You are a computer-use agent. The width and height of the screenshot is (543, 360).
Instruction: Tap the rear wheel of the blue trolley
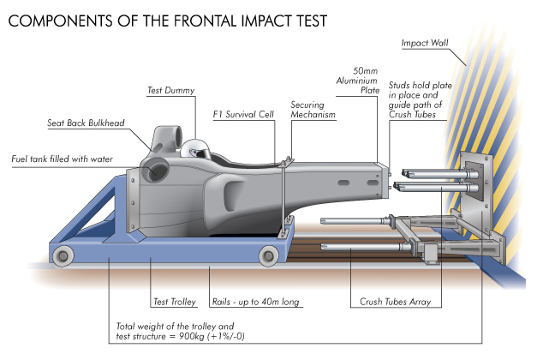[63, 256]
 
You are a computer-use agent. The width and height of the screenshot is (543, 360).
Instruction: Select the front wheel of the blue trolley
[268, 255]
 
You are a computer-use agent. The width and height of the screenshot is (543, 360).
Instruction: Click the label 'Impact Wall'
[425, 43]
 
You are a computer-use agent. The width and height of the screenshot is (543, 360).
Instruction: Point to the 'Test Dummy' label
[170, 91]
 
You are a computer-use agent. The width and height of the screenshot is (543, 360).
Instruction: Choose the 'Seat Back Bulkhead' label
[86, 123]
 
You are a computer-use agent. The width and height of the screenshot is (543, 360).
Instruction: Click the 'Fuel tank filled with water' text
[62, 159]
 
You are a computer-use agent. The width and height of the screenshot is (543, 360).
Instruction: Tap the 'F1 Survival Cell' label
[243, 114]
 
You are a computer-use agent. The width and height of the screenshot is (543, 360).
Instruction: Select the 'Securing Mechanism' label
[313, 110]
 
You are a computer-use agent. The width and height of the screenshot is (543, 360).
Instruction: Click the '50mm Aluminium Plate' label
[358, 81]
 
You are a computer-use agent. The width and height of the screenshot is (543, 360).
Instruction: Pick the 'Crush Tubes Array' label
[395, 302]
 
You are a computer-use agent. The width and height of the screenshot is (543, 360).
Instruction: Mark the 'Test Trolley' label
[175, 302]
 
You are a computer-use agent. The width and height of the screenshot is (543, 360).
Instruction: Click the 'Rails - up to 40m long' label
[255, 302]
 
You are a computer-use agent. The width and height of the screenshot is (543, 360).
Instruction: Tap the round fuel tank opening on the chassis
[155, 171]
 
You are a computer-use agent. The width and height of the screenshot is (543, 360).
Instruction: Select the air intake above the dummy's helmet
[168, 140]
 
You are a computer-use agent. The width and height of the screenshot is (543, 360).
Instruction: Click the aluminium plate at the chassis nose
[383, 180]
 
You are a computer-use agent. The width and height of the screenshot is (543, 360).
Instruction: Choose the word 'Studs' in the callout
[399, 85]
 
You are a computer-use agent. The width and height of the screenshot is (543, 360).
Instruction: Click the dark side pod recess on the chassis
[235, 195]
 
